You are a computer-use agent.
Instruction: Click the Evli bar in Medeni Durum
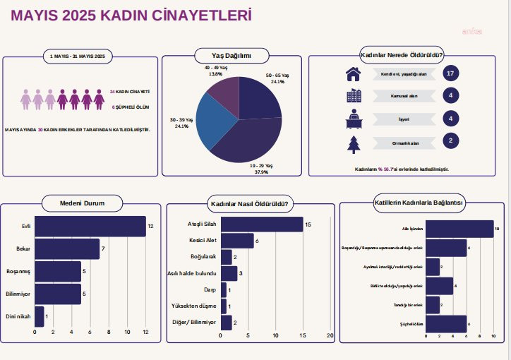coord(90,226)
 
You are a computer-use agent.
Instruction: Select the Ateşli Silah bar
coord(262,224)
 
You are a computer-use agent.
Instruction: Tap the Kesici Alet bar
coord(237,241)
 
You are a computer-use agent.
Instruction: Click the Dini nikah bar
coord(39,316)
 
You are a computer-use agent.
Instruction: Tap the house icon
coord(353,73)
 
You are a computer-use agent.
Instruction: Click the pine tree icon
coord(353,143)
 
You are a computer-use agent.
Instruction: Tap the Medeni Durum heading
coord(83,203)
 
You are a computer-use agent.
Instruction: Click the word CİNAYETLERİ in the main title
coord(194,16)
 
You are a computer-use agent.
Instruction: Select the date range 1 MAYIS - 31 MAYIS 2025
coord(78,56)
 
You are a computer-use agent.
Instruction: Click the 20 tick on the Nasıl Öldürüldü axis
coord(330,336)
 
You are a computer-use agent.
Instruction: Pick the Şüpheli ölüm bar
coord(447,323)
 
